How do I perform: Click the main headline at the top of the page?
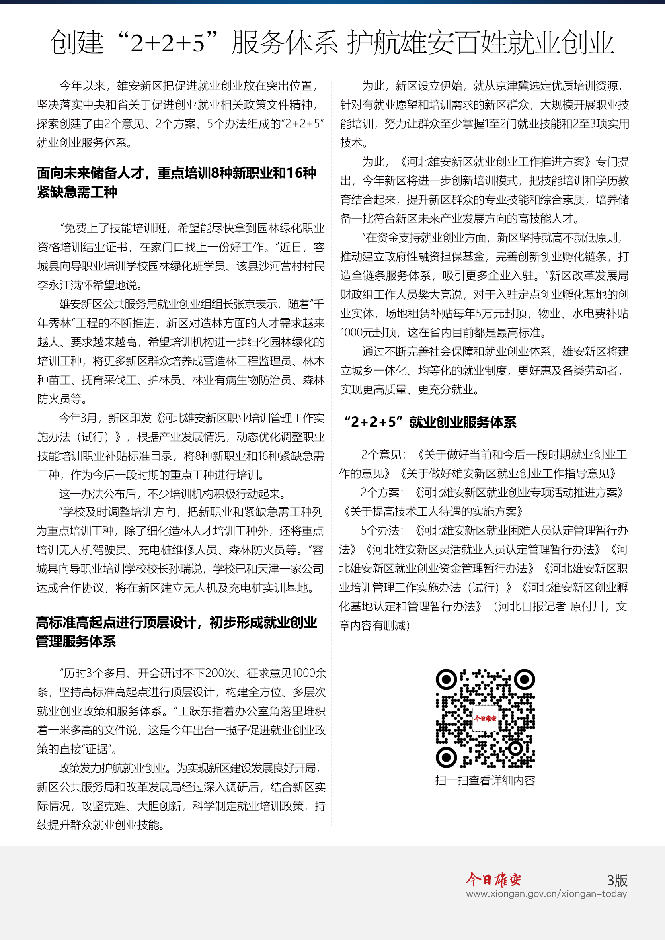(332, 42)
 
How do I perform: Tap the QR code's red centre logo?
(485, 718)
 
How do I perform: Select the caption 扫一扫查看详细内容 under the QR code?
(485, 780)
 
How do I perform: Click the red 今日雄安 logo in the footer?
(493, 879)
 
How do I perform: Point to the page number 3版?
(617, 880)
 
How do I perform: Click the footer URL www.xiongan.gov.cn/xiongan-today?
(546, 893)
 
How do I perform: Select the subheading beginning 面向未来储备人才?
(176, 182)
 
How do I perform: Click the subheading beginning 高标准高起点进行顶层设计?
(176, 631)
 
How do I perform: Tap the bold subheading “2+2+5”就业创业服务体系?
(430, 422)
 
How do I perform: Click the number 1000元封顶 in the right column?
(368, 332)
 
